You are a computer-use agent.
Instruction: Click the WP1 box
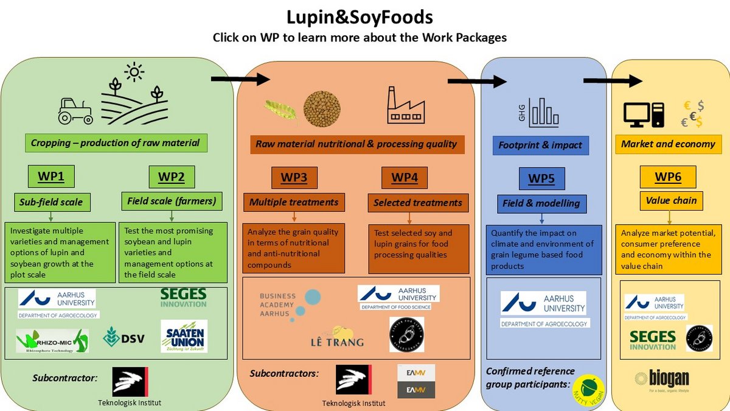click(x=51, y=177)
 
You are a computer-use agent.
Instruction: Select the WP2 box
click(x=171, y=177)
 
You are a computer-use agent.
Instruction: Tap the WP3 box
click(x=294, y=178)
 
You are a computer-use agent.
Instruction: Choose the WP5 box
click(x=541, y=179)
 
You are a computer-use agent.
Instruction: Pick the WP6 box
click(x=667, y=177)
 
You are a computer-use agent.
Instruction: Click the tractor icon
click(x=75, y=110)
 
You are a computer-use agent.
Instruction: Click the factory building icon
click(x=406, y=105)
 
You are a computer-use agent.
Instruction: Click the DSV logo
click(x=124, y=337)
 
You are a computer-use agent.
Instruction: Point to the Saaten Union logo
click(x=184, y=336)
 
